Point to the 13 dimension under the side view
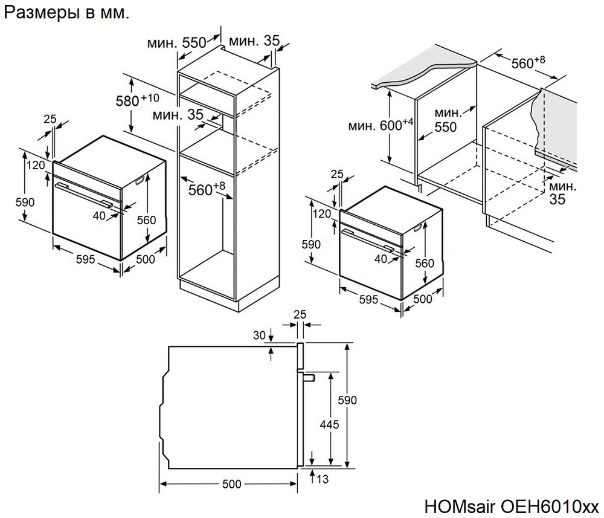[323, 479]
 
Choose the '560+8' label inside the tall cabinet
[206, 189]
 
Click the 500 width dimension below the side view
[231, 484]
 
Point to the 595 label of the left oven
[85, 259]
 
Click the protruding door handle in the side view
[308, 378]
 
